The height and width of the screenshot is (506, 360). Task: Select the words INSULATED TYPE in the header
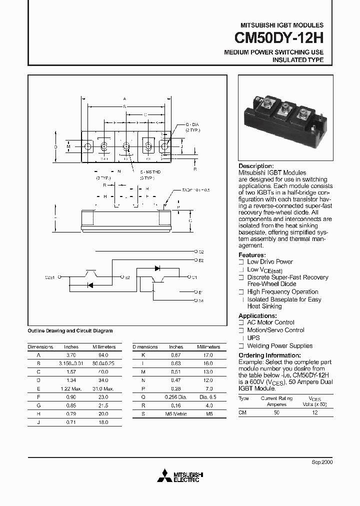pyautogui.click(x=297, y=60)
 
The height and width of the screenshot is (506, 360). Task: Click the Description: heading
pyautogui.click(x=256, y=166)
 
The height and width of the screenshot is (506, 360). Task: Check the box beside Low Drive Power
pyautogui.click(x=241, y=262)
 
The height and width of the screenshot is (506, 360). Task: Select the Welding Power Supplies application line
pyautogui.click(x=279, y=345)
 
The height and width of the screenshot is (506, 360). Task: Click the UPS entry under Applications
pyautogui.click(x=253, y=338)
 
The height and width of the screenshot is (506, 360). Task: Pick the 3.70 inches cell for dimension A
pyautogui.click(x=71, y=354)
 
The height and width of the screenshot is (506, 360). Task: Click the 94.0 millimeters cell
pyautogui.click(x=104, y=354)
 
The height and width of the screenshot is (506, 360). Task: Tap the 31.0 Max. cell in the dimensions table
pyautogui.click(x=104, y=388)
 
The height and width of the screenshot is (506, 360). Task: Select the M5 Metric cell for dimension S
pyautogui.click(x=176, y=414)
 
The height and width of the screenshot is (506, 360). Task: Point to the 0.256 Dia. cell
pyautogui.click(x=176, y=396)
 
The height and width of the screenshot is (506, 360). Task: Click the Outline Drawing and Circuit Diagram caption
pyautogui.click(x=70, y=330)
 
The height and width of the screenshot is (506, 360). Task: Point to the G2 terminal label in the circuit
pyautogui.click(x=201, y=252)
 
